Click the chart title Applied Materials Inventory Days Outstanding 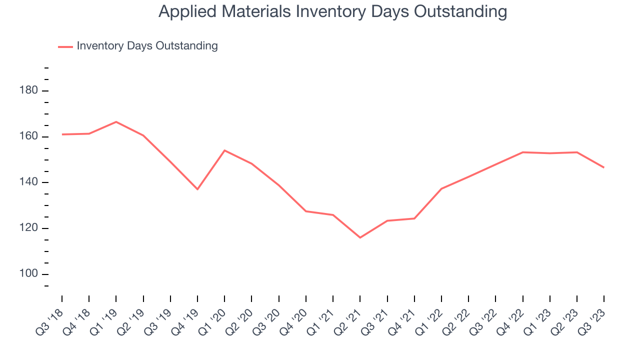coord(332,11)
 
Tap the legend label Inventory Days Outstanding coord(147,46)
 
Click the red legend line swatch coord(65,46)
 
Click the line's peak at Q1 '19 coord(116,122)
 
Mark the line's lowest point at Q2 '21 coord(360,237)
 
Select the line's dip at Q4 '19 coord(197,189)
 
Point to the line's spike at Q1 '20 coord(224,150)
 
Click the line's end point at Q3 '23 coord(603,167)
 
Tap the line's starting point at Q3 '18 coord(62,134)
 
